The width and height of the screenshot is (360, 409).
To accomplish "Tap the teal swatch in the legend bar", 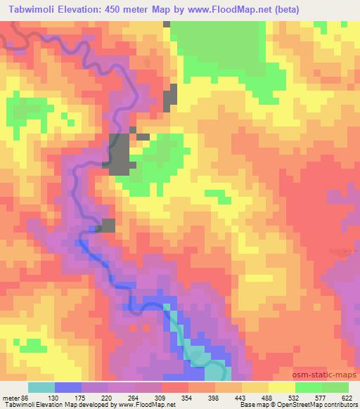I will point(41,388).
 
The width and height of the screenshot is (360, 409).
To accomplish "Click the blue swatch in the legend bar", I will point(68,388).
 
